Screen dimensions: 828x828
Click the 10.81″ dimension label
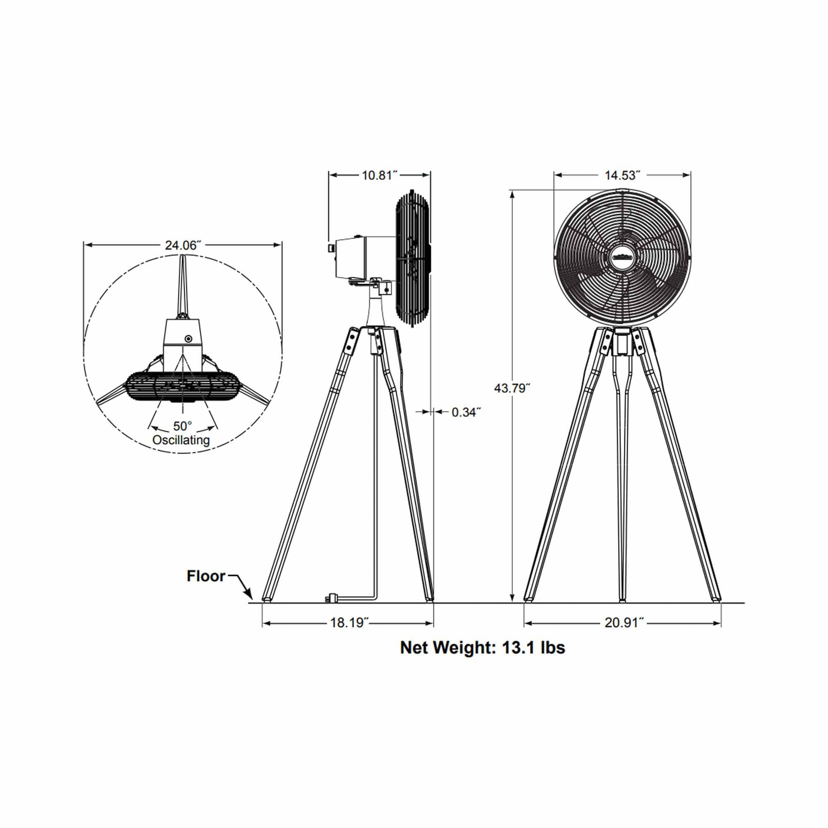click(x=380, y=175)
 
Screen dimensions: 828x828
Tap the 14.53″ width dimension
click(x=622, y=175)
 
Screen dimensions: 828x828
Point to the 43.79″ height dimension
click(x=512, y=388)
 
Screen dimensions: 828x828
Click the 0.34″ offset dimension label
click(x=466, y=412)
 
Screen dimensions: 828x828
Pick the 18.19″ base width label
click(x=349, y=623)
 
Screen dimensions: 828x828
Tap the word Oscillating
click(x=181, y=440)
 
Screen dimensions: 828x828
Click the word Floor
click(x=206, y=576)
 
